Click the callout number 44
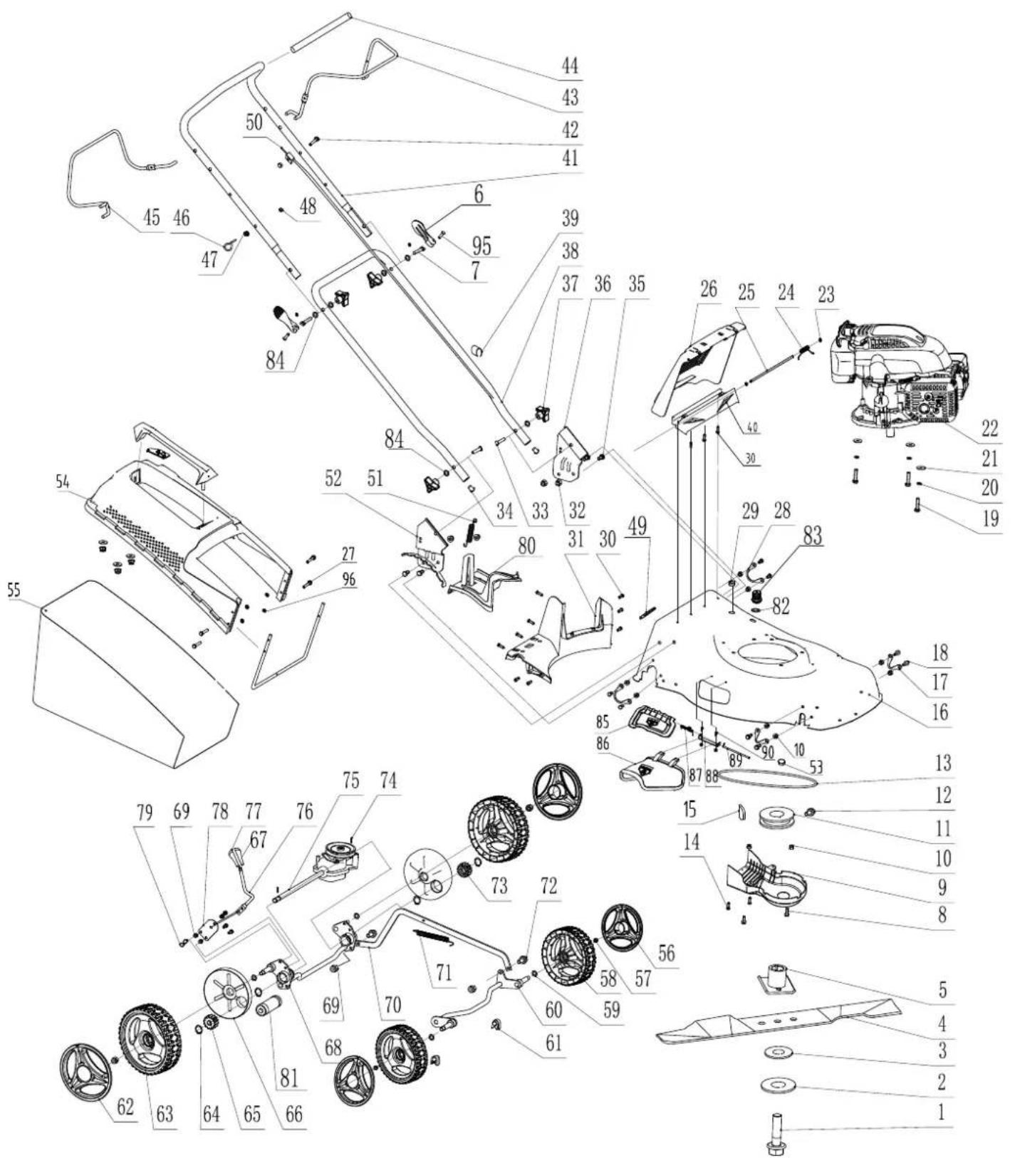[x=570, y=66]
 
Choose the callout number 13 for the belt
[x=942, y=763]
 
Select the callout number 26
[x=708, y=291]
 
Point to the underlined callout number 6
[x=478, y=192]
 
